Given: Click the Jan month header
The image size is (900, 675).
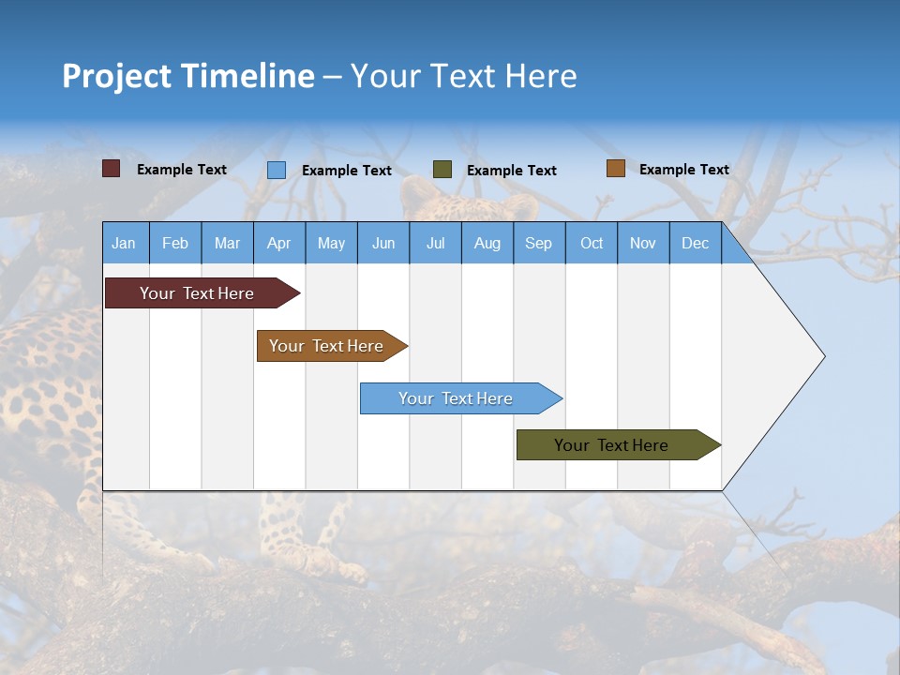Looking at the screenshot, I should pyautogui.click(x=124, y=244).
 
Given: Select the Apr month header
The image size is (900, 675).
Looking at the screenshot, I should pyautogui.click(x=279, y=244).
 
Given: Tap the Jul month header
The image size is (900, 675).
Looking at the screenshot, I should pyautogui.click(x=435, y=244).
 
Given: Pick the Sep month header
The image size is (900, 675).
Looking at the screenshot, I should pyautogui.click(x=538, y=244).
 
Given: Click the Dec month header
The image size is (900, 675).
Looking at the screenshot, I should pyautogui.click(x=695, y=244).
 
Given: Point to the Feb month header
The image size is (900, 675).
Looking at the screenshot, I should pyautogui.click(x=175, y=244).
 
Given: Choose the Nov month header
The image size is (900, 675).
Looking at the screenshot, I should pyautogui.click(x=643, y=244).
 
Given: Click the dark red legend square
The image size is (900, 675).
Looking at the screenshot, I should pyautogui.click(x=112, y=169).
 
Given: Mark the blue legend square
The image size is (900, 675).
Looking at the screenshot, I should pyautogui.click(x=277, y=170).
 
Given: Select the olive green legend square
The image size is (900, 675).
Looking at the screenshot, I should pyautogui.click(x=442, y=170).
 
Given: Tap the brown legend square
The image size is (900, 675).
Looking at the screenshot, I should pyautogui.click(x=615, y=169).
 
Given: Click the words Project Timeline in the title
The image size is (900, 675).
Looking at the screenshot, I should pyautogui.click(x=187, y=76).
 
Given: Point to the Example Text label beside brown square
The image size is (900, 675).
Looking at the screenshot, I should pyautogui.click(x=683, y=170).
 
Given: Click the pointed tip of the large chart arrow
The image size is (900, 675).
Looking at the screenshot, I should pyautogui.click(x=822, y=356).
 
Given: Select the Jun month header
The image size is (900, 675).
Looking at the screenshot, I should pyautogui.click(x=383, y=244).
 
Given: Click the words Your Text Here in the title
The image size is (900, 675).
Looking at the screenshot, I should pyautogui.click(x=464, y=76).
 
